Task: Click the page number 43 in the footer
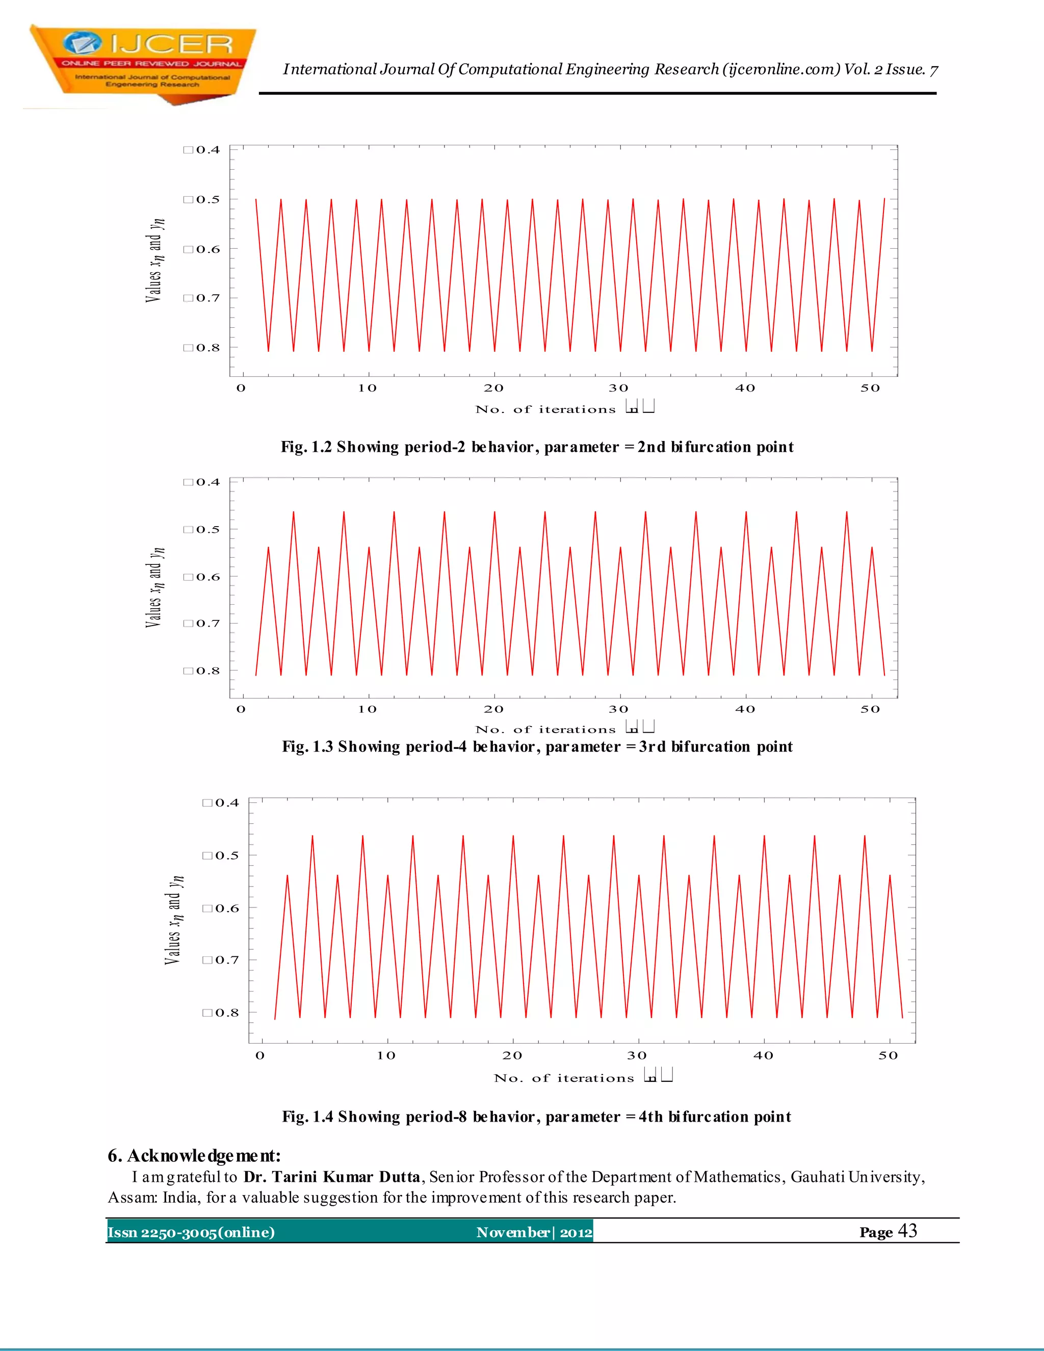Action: click(x=907, y=1231)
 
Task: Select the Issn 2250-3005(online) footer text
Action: click(x=191, y=1232)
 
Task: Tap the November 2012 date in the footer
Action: click(x=534, y=1232)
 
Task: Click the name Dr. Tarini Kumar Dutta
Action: click(x=331, y=1177)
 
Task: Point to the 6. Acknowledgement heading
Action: click(x=194, y=1155)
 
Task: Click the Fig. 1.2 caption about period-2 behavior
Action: click(x=537, y=447)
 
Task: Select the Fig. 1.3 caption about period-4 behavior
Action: click(x=537, y=747)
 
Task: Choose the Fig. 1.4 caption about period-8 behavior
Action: click(x=536, y=1116)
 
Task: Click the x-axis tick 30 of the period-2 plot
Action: click(x=618, y=388)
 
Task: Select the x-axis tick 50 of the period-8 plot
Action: click(x=888, y=1056)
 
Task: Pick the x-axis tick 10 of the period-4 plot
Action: click(x=368, y=710)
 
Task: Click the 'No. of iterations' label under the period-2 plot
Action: click(x=545, y=409)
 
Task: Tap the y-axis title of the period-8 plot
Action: click(x=174, y=920)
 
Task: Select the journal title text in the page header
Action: click(x=610, y=69)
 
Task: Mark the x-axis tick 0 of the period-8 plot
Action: click(x=260, y=1056)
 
